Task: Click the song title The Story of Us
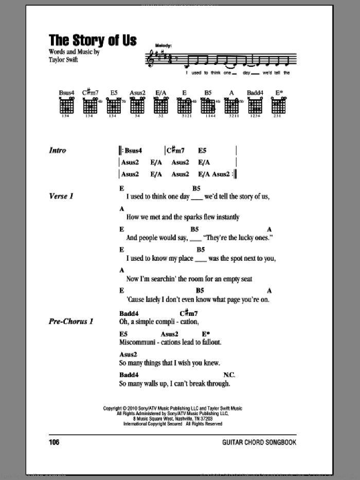pyautogui.click(x=93, y=41)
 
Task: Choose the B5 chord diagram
pyautogui.click(x=207, y=106)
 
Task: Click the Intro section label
pyautogui.click(x=58, y=151)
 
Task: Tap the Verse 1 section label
pyautogui.click(x=61, y=197)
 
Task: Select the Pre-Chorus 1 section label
pyautogui.click(x=71, y=322)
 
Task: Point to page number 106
pyautogui.click(x=56, y=442)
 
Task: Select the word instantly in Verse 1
pyautogui.click(x=224, y=217)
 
